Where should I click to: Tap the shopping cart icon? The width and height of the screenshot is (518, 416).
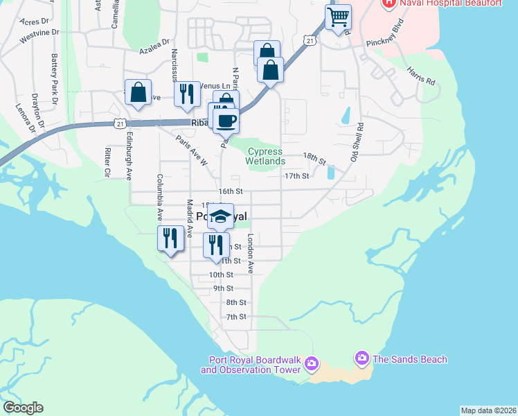338,17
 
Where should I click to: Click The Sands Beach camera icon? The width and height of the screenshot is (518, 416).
361,358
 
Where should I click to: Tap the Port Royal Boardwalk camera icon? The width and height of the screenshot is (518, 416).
311,363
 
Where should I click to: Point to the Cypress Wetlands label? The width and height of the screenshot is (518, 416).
265,156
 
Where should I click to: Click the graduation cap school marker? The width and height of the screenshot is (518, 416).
221,216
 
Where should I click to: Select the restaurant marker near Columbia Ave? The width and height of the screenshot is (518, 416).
170,239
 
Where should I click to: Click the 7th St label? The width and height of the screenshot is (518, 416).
237,317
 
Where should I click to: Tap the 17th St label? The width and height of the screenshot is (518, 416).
296,176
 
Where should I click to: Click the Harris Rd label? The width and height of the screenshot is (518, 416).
421,77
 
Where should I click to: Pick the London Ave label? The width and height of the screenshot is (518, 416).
251,253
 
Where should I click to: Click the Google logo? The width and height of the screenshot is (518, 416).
23,408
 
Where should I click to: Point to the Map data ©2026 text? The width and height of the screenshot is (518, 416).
489,410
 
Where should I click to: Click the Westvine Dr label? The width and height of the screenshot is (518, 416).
37,36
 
